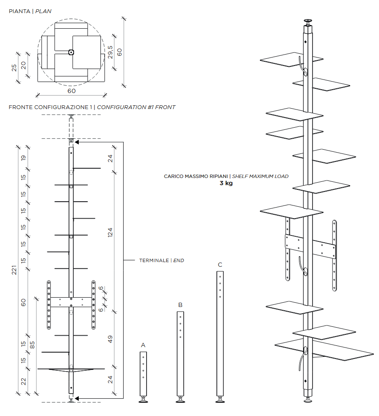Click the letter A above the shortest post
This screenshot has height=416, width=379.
point(143,345)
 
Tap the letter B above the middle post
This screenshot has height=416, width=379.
point(180,305)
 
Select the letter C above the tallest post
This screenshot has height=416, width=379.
point(220,265)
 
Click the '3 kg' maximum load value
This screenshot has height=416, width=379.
point(226,183)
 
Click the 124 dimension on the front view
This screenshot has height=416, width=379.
point(110,233)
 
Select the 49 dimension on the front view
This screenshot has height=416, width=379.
point(110,339)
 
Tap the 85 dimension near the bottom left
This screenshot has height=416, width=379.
point(32,345)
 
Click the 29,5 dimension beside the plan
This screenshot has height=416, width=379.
point(110,52)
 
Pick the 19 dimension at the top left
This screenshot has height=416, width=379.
point(24,158)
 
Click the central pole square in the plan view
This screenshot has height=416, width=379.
point(71,52)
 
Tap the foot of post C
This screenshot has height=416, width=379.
point(220,400)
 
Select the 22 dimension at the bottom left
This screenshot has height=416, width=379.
point(24,381)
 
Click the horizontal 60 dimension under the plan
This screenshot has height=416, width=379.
point(71,90)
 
